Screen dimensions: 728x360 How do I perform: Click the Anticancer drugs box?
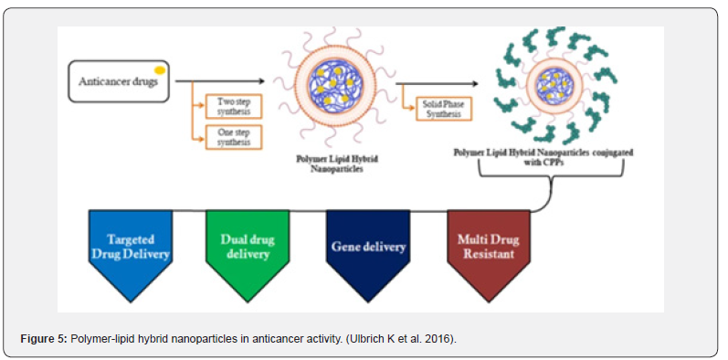click(x=119, y=81)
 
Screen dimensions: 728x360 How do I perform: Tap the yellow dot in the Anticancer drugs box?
click(x=159, y=70)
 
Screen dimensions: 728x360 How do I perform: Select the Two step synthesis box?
click(x=234, y=107)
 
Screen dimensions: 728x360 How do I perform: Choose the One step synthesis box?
click(x=234, y=137)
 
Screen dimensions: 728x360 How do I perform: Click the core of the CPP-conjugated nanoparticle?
click(x=553, y=85)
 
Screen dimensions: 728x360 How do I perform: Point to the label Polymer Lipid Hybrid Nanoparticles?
click(x=338, y=164)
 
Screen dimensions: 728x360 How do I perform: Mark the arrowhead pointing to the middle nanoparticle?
click(x=261, y=81)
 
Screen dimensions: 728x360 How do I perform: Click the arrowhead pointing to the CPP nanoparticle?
click(x=474, y=84)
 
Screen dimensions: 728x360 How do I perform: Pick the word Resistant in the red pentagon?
click(x=489, y=255)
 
